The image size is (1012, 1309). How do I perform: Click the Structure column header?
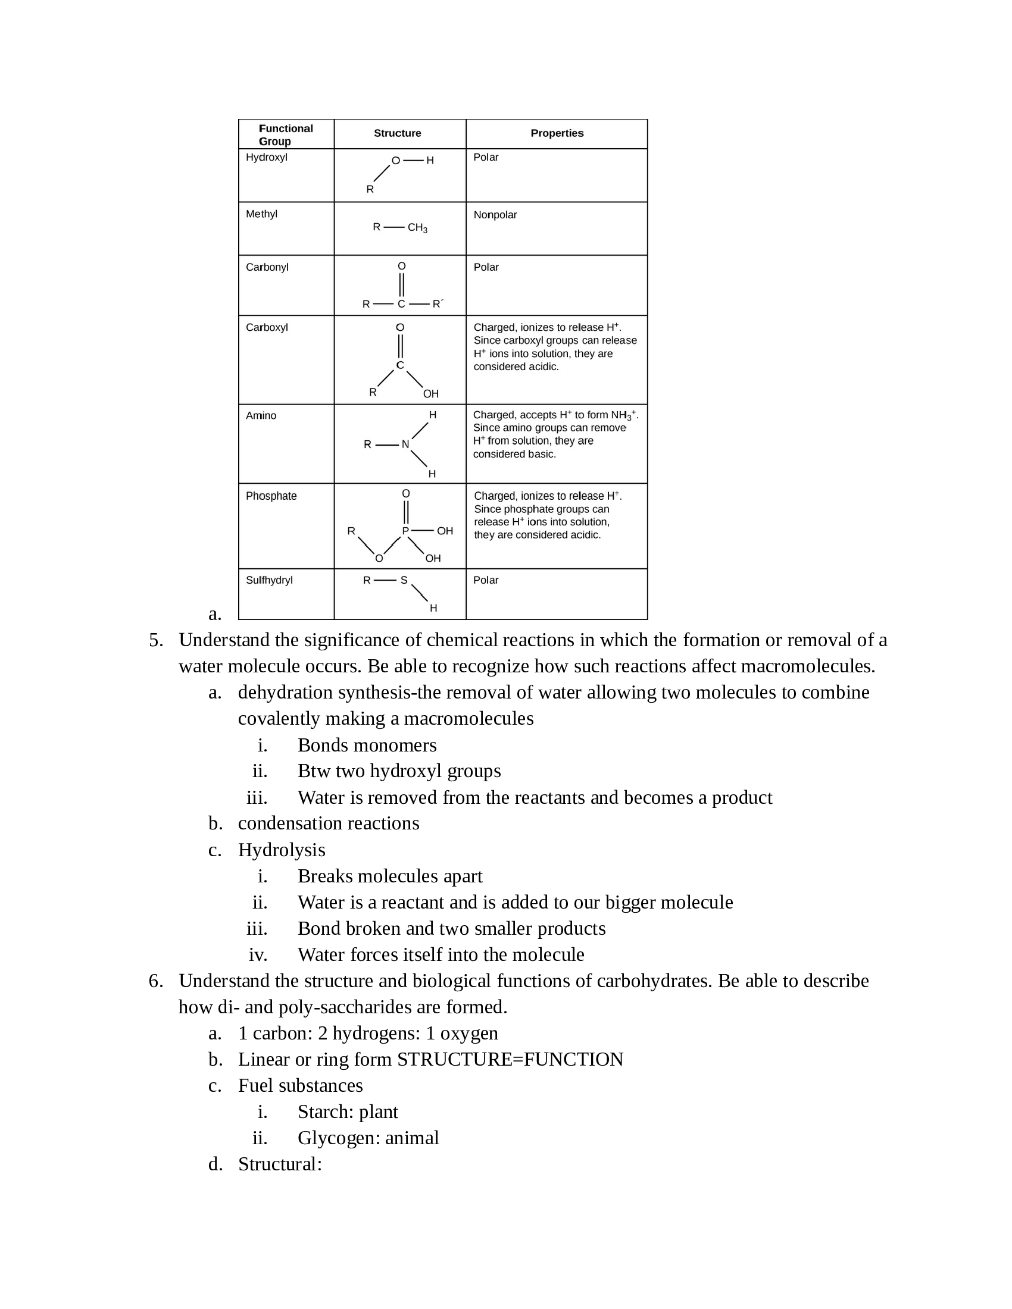(x=397, y=133)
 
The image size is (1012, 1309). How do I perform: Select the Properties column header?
(x=557, y=133)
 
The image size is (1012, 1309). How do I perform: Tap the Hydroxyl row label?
(x=266, y=157)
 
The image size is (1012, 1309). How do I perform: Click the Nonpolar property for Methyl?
(x=495, y=215)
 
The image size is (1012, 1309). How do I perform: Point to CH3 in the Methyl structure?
(x=417, y=228)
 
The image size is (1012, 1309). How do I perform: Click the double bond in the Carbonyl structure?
(x=402, y=284)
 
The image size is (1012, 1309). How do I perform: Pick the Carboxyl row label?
(x=267, y=327)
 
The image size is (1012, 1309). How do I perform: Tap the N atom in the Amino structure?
(x=405, y=444)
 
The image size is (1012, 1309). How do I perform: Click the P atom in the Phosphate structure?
(x=405, y=531)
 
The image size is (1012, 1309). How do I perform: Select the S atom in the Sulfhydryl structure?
(x=404, y=580)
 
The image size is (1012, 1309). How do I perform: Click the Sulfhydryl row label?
(x=269, y=580)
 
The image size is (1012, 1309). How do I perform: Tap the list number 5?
(x=155, y=640)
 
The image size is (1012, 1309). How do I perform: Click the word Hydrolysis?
(x=281, y=850)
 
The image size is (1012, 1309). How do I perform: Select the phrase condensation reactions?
(x=329, y=823)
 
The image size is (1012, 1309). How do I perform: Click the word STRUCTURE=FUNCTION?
(x=510, y=1060)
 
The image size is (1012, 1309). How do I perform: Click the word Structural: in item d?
(x=280, y=1164)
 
